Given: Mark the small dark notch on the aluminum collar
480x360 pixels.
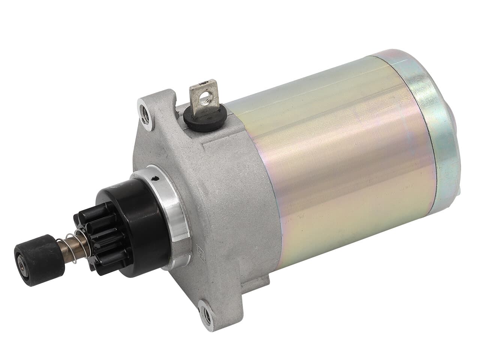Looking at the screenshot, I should click(155, 180).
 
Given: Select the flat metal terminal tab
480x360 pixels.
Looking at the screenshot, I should click(204, 94).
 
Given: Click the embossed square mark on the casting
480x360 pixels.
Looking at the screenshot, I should click(200, 252).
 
